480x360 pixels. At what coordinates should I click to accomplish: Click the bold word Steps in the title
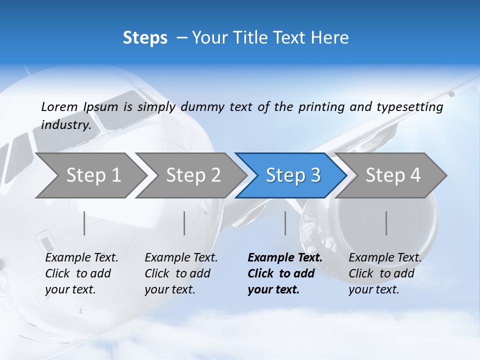145,38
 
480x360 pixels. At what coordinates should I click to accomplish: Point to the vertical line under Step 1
84,223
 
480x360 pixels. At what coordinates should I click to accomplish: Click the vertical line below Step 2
184,223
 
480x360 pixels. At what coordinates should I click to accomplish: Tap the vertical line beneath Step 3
285,223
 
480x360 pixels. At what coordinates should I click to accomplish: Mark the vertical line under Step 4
386,223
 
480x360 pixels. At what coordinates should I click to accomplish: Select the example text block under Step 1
81,273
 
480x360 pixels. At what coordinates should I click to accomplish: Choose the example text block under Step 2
180,273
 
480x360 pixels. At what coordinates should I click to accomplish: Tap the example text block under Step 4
384,273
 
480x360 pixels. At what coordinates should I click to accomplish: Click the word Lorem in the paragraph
59,107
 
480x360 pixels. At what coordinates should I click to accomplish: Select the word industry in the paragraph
66,124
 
